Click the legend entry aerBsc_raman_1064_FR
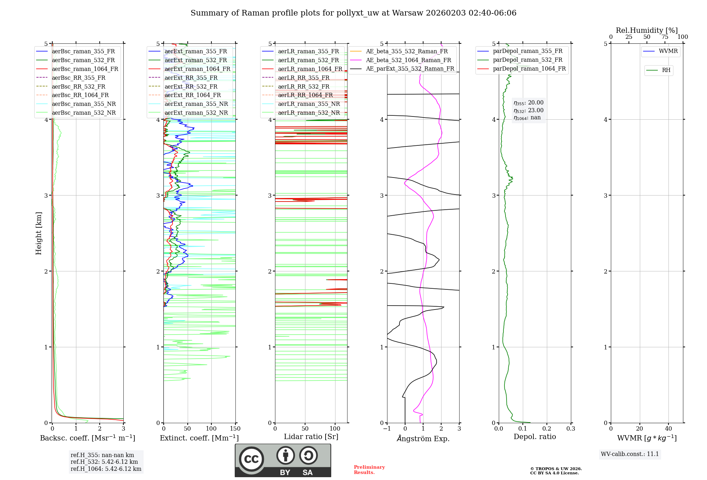[85, 69]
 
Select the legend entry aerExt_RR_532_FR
[191, 86]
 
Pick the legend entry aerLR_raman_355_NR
[309, 104]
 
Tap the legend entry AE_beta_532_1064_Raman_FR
[408, 60]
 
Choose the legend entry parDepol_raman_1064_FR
[529, 68]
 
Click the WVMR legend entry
[668, 51]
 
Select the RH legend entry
[666, 70]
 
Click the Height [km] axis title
[39, 233]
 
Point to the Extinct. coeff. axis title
[199, 438]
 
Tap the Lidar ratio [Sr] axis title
[311, 437]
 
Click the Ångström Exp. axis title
[423, 438]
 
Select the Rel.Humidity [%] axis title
[647, 30]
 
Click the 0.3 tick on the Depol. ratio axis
[571, 429]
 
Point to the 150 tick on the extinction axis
[235, 429]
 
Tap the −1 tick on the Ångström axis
[387, 429]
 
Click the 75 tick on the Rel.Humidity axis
[665, 37]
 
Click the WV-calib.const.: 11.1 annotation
[630, 454]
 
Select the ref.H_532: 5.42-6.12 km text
[104, 462]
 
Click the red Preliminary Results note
[369, 469]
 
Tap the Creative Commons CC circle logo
[251, 459]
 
